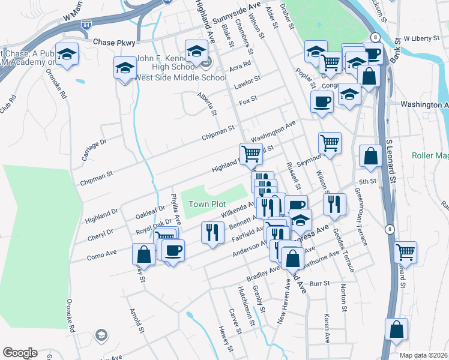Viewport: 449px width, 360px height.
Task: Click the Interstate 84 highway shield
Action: point(88,25)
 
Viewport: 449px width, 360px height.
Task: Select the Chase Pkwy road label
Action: point(115,43)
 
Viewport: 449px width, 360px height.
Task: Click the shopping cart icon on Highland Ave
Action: point(250,154)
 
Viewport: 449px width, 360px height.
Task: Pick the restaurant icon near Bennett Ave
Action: point(211,232)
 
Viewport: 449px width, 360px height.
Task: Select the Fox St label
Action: point(248,98)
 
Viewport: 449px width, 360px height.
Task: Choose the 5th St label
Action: point(367,181)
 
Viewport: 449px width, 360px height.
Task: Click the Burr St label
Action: point(320,283)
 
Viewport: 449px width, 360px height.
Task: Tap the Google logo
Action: point(20,353)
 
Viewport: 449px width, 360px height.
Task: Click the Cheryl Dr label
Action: point(101,233)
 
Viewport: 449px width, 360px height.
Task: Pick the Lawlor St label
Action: point(247,79)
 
